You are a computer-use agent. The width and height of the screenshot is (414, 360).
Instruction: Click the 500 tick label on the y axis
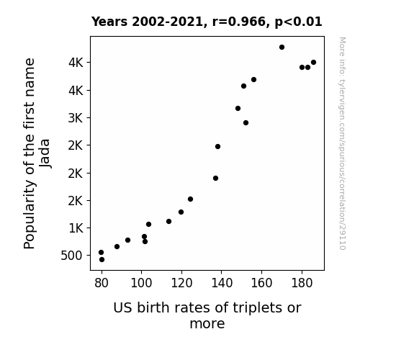pos(71,256)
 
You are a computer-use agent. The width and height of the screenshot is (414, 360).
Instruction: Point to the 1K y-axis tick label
pos(76,228)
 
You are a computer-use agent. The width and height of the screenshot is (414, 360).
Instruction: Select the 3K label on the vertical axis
pos(76,118)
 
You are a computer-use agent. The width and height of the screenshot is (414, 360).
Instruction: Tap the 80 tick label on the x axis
pos(102,283)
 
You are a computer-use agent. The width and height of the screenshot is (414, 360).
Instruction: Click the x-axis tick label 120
pos(181,283)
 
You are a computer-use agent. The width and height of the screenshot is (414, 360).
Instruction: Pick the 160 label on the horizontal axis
pos(261,283)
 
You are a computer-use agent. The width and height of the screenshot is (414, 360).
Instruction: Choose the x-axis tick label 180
pos(302,283)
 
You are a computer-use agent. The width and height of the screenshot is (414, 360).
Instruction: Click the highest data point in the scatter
pos(282,48)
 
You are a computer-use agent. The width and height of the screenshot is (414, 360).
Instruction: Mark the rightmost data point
pos(313,63)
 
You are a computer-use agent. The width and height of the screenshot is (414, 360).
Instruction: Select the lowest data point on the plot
pos(102,260)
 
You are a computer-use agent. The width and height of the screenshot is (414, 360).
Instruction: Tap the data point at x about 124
pos(190,199)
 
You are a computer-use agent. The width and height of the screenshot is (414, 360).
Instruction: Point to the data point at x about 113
pos(168,221)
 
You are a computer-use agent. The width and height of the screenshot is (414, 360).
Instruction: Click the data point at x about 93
pos(127,240)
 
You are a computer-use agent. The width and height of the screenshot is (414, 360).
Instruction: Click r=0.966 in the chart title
pos(239,22)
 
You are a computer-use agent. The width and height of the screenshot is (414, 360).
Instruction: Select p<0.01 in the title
pos(298,22)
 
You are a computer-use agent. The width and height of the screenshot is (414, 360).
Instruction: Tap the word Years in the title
pos(109,22)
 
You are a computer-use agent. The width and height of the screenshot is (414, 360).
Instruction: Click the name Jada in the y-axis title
pos(45,153)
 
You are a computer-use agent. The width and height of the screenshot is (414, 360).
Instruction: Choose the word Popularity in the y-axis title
pos(30,215)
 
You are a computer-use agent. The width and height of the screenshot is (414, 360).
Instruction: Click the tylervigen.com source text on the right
pos(342,143)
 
